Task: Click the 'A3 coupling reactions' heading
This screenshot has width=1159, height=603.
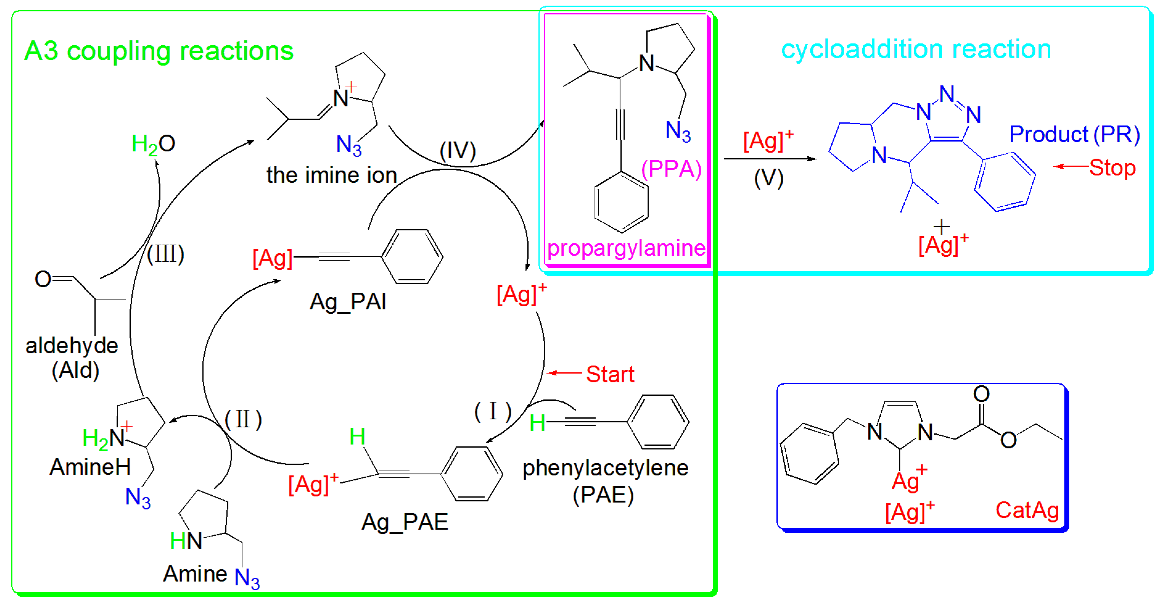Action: tap(158, 51)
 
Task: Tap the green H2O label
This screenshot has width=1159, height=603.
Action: tap(153, 144)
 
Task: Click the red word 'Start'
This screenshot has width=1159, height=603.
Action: tap(610, 374)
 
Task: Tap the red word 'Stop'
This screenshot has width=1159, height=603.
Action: tap(1112, 167)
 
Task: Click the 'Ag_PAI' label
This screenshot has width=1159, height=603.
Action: tap(348, 301)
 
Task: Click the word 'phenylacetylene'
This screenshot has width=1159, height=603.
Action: tap(605, 468)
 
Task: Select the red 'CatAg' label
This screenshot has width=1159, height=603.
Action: tap(1027, 510)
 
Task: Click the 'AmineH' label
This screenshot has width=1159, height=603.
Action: tap(90, 467)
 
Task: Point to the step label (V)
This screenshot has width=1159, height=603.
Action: tap(768, 178)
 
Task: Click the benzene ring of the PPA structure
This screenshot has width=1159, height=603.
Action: tap(621, 202)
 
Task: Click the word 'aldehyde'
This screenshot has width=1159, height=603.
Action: tap(72, 346)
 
